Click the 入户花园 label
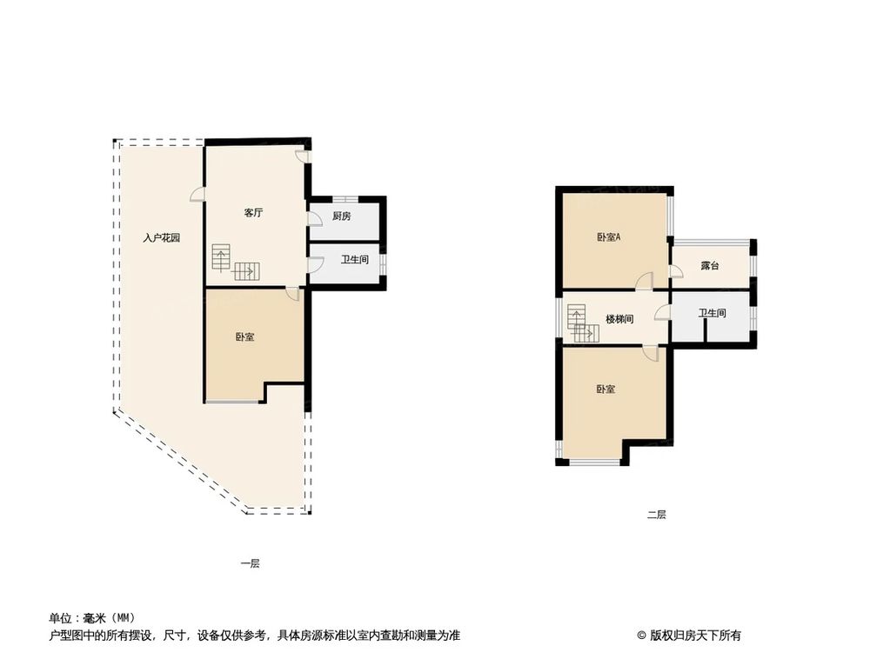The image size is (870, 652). [163, 237]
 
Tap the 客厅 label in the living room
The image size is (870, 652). [253, 213]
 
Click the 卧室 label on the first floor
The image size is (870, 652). [244, 336]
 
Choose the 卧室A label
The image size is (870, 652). [608, 237]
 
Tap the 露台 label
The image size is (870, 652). [709, 265]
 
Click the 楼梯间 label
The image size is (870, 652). [619, 319]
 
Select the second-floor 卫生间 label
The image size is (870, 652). [711, 313]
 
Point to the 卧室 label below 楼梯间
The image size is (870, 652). [606, 389]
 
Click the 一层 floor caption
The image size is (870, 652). [250, 563]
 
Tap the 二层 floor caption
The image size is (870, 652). [656, 515]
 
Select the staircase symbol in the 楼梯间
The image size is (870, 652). [580, 323]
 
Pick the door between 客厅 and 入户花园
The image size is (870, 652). [198, 196]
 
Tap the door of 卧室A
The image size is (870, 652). [644, 281]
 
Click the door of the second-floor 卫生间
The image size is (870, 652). [663, 312]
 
